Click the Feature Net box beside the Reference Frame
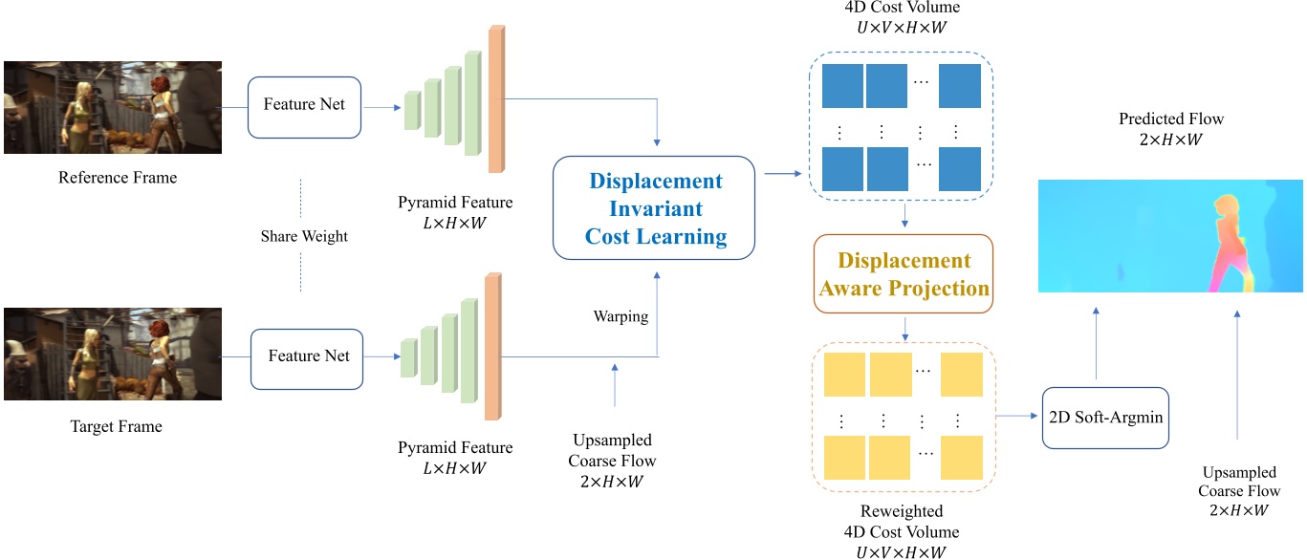point(305,105)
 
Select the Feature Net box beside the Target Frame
point(308,357)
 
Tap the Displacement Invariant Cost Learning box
point(655,209)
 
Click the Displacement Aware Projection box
point(904,274)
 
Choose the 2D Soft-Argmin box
point(1105,418)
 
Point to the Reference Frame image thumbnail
point(113,107)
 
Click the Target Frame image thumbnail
point(113,354)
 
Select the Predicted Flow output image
point(1170,236)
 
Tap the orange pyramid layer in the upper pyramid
point(495,99)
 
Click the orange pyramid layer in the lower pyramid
point(492,348)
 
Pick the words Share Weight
point(304,236)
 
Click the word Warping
point(621,316)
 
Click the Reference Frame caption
point(118,178)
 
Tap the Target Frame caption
point(118,426)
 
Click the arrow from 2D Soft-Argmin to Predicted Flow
point(1097,344)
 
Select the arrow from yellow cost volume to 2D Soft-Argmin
point(1017,418)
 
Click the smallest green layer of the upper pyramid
point(412,109)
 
